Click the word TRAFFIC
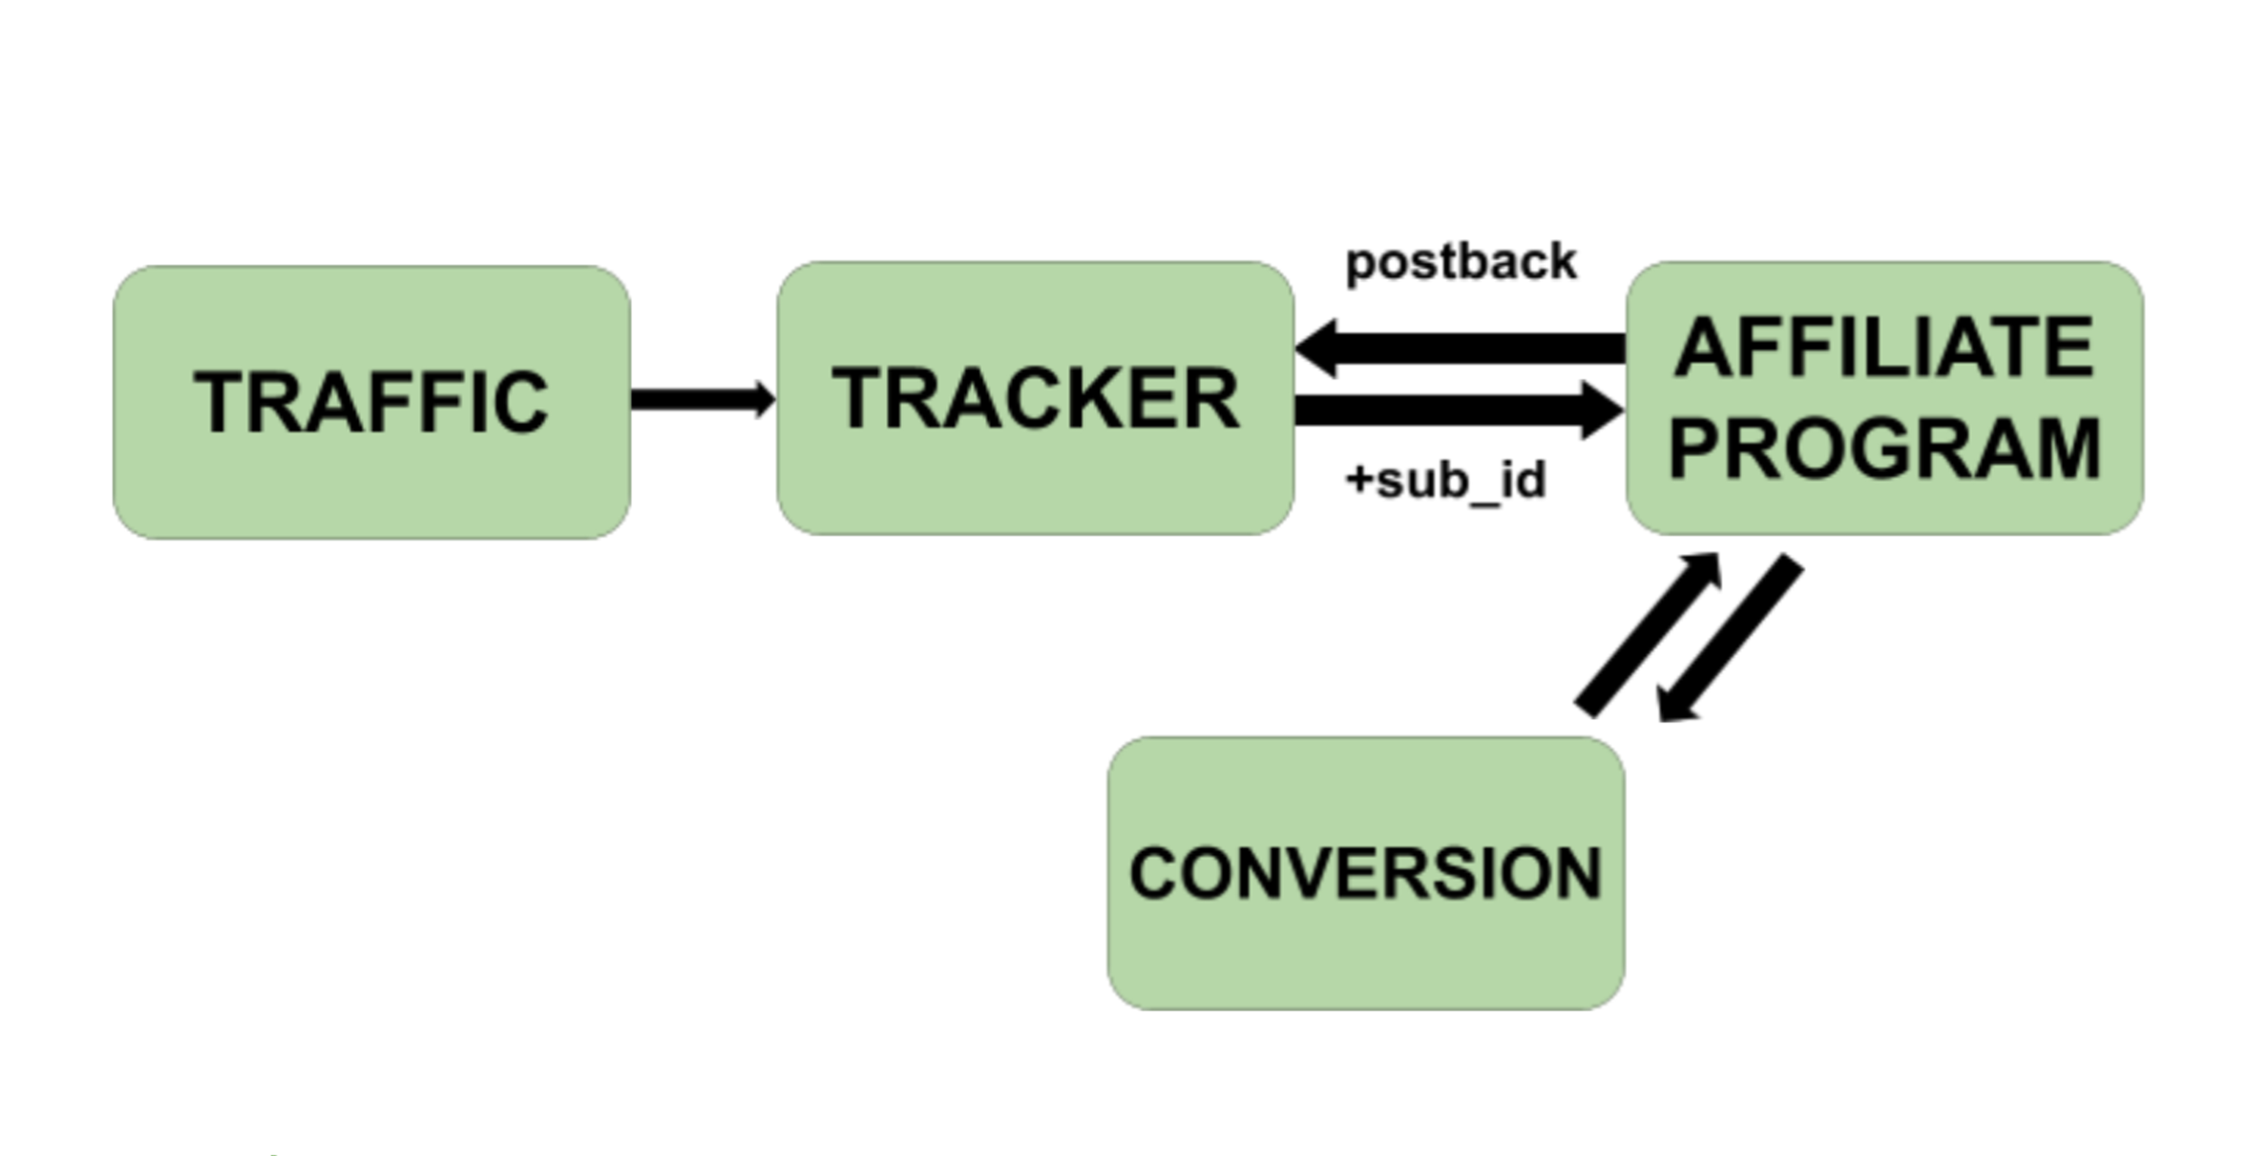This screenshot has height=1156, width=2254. [x=371, y=402]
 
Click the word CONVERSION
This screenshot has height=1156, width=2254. [x=1366, y=873]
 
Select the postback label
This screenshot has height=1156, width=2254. [x=1461, y=262]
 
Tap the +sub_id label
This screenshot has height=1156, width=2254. [x=1447, y=481]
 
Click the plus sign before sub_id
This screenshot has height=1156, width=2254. [x=1360, y=479]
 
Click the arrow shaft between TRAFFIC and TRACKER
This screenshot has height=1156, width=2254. [x=691, y=400]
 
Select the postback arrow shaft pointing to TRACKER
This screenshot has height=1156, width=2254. [x=1479, y=348]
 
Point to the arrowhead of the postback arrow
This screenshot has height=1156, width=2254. [x=1319, y=348]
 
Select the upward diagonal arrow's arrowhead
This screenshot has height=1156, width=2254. [x=1702, y=569]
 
